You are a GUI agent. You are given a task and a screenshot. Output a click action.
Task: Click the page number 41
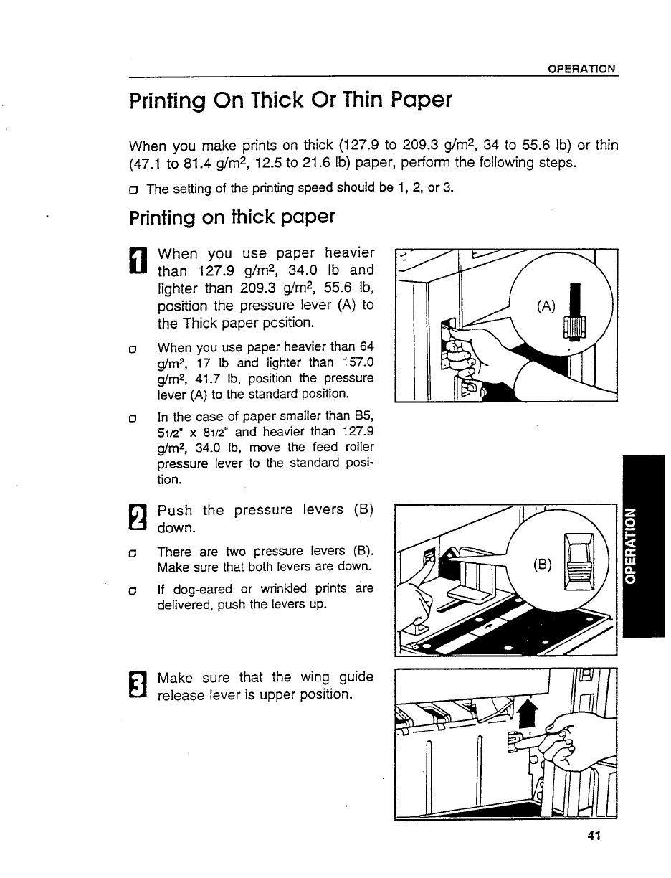pos(592,835)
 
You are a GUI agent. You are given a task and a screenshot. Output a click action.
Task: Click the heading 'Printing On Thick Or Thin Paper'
pos(290,99)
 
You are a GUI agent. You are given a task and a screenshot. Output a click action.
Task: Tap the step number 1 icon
pos(138,260)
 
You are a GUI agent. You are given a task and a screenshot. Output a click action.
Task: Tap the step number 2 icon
pos(138,519)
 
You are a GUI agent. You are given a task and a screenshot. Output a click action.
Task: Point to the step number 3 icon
pos(138,686)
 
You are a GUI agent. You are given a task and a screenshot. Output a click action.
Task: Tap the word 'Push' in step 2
pos(176,510)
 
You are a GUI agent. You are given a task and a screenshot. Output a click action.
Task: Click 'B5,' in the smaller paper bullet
pos(361,417)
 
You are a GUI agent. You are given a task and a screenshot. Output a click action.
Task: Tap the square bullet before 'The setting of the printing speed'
pos(134,189)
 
